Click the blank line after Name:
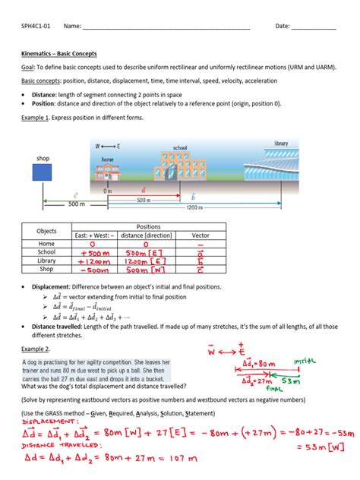[x=166, y=27]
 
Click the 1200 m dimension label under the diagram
[x=194, y=207]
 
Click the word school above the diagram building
[x=180, y=147]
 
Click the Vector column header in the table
[x=201, y=235]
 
